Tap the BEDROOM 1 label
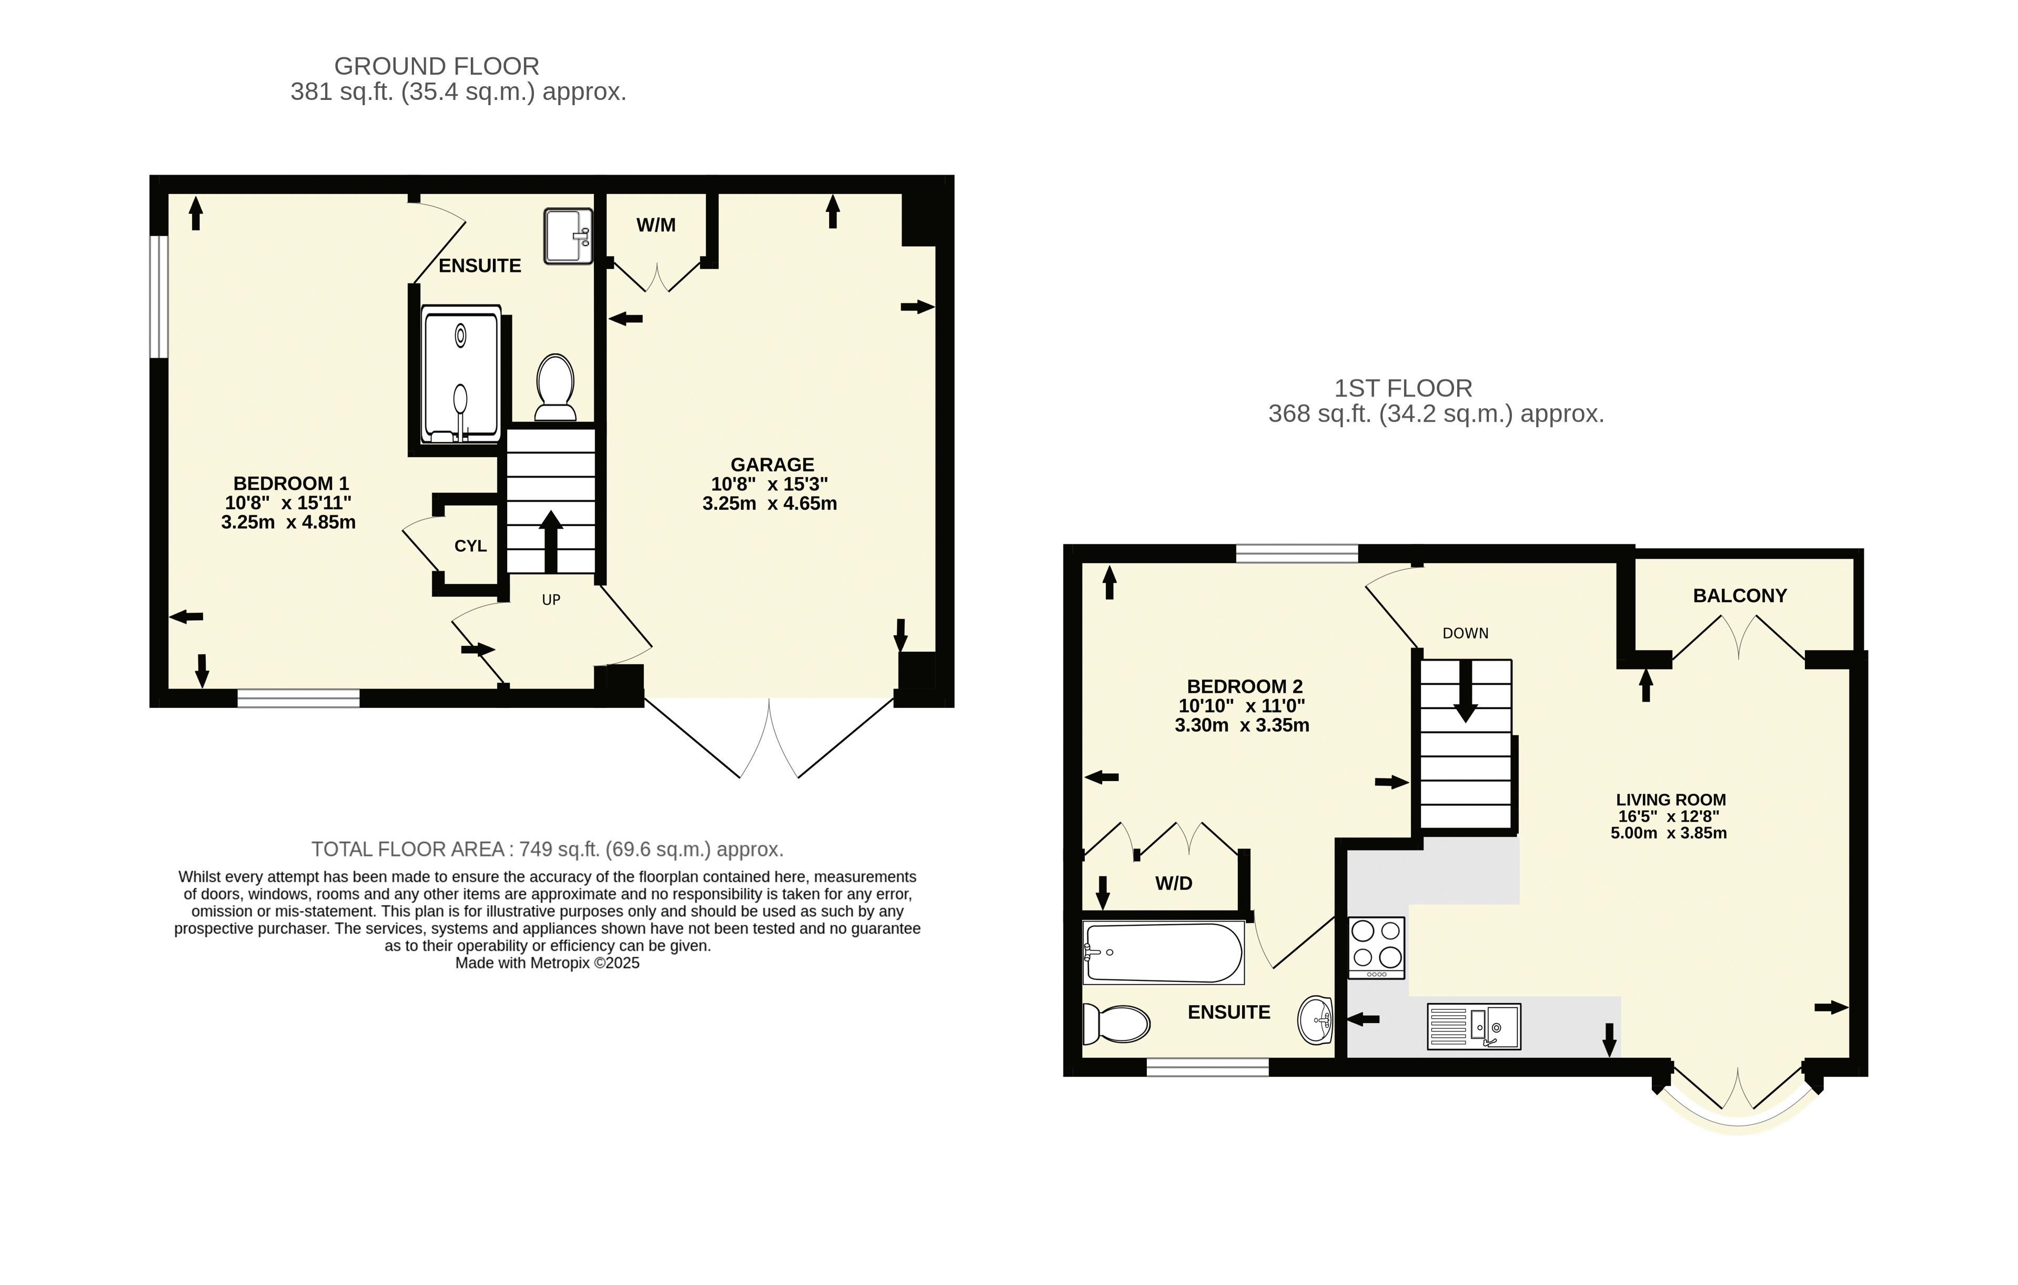point(291,483)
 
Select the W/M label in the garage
point(655,225)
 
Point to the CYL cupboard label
point(470,546)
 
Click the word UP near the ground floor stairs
point(551,600)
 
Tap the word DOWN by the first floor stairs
point(1465,633)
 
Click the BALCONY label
point(1740,595)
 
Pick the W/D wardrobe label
point(1173,883)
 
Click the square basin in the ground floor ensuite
point(568,236)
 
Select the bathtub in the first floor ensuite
point(1163,953)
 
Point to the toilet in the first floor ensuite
point(1116,1023)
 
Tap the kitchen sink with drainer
point(1474,1027)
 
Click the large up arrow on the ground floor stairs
point(551,541)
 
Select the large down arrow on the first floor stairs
point(1466,692)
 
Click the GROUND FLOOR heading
point(437,66)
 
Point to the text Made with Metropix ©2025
point(547,963)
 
